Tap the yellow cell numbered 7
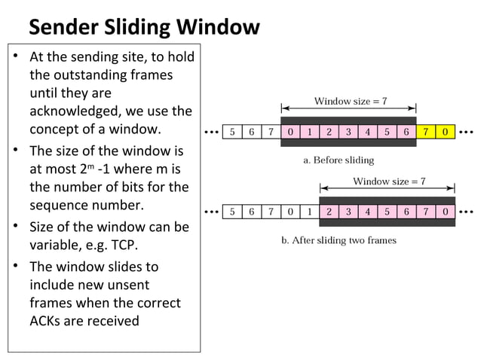(x=425, y=132)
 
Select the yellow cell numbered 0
(x=445, y=132)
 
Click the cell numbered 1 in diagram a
(x=310, y=132)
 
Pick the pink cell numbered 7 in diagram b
(x=425, y=212)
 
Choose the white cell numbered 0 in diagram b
(x=290, y=212)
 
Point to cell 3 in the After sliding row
(x=348, y=212)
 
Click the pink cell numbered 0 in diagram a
(x=290, y=132)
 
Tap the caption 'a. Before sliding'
(x=339, y=160)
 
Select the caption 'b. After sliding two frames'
(x=339, y=240)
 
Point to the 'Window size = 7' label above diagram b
(x=389, y=182)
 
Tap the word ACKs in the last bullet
(x=48, y=322)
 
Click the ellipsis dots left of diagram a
(x=212, y=132)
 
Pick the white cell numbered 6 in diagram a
(x=252, y=132)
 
